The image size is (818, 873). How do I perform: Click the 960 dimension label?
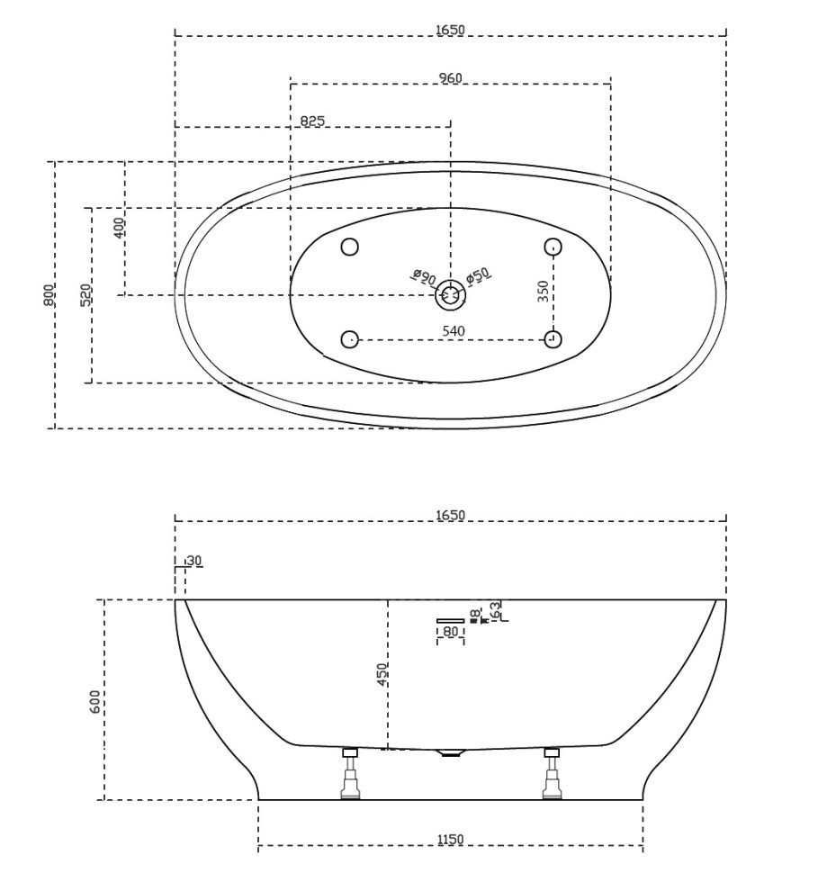[x=450, y=78]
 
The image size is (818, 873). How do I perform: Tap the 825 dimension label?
[x=311, y=121]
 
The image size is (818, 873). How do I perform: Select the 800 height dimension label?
[x=49, y=294]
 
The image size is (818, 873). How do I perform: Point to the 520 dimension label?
[x=85, y=295]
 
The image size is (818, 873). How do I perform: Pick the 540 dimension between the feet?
[x=453, y=331]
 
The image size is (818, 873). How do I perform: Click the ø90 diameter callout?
[x=423, y=276]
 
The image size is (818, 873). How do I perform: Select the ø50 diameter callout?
[x=478, y=275]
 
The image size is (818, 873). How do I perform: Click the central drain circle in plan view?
[x=450, y=293]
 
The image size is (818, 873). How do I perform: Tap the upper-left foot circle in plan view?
[x=350, y=247]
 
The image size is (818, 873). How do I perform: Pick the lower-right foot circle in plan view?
[x=553, y=338]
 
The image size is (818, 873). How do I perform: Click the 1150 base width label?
[x=450, y=840]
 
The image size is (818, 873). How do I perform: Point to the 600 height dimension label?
[x=95, y=701]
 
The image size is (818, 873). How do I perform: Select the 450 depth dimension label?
[x=382, y=673]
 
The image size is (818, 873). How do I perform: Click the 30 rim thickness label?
[x=193, y=561]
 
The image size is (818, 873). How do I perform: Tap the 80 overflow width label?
[x=450, y=633]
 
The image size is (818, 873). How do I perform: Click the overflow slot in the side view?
[x=450, y=620]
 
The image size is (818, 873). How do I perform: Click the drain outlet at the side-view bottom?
[x=450, y=752]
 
